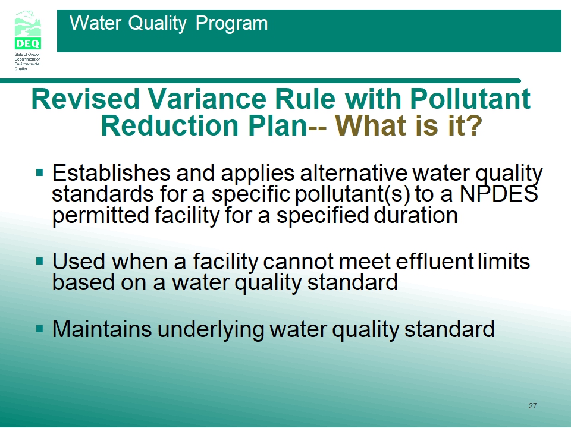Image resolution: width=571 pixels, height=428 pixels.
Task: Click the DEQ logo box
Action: click(28, 43)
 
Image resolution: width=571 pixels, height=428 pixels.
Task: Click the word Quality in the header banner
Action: click(157, 24)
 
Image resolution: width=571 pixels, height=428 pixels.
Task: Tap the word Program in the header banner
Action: click(231, 24)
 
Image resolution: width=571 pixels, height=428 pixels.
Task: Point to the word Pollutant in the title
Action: click(470, 99)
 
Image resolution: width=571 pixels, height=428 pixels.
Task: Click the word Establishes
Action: click(111, 172)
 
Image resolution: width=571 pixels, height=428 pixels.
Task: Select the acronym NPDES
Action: click(498, 193)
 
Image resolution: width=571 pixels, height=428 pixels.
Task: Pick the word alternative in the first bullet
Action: click(353, 172)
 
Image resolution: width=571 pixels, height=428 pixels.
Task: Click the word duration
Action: click(416, 215)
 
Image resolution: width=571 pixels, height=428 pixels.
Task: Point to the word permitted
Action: click(101, 215)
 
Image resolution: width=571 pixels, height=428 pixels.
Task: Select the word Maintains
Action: click(102, 329)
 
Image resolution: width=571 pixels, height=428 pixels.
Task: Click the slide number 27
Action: click(532, 406)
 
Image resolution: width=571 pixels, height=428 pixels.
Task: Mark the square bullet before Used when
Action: click(40, 261)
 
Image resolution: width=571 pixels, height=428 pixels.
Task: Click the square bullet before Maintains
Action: click(40, 329)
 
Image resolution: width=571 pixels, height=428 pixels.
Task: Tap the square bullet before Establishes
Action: click(40, 172)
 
